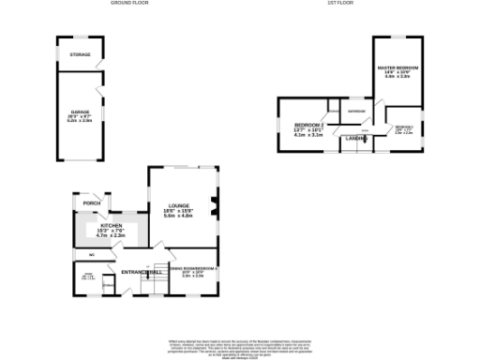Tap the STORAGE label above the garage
point(79,55)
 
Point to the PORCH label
point(92,202)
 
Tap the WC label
point(92,254)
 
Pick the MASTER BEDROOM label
point(397,69)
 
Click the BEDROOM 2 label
point(308,125)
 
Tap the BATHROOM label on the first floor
point(356,112)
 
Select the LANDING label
point(356,139)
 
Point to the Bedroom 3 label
point(404,127)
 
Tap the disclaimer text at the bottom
point(240,345)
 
